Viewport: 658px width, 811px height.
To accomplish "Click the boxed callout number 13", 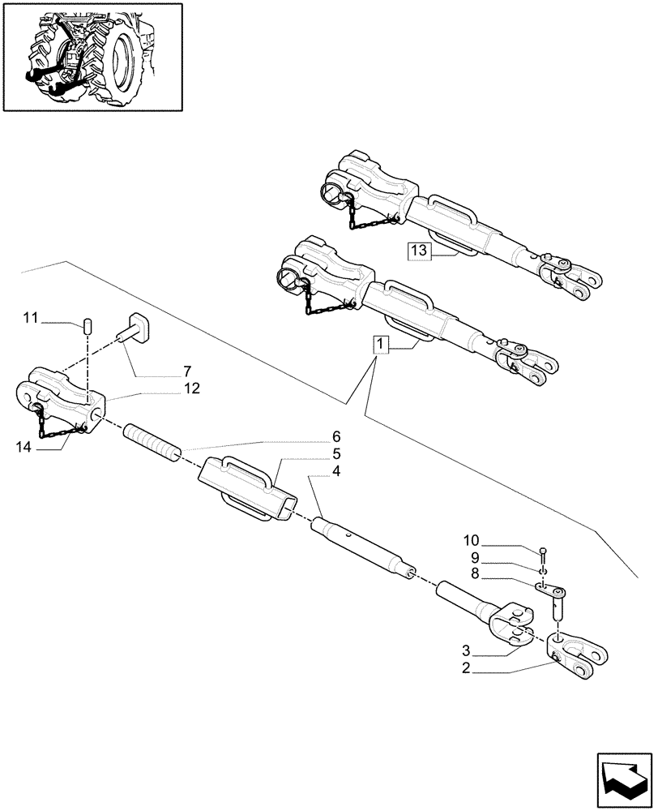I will point(417,251).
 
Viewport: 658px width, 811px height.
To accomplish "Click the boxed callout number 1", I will point(382,346).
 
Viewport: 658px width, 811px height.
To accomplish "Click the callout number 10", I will point(472,541).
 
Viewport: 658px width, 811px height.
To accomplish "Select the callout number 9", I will point(476,557).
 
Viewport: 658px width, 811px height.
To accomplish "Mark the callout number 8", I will point(476,573).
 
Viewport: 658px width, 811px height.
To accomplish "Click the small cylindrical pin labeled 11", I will point(88,326).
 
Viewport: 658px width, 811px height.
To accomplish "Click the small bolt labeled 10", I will point(542,554).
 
